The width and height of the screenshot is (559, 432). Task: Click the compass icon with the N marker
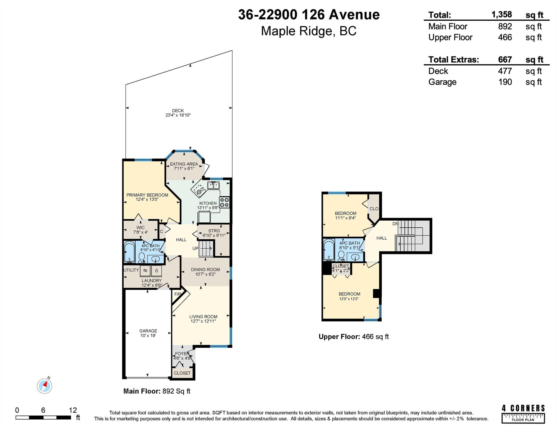click(45, 386)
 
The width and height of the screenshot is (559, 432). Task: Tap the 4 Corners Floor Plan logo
click(523, 414)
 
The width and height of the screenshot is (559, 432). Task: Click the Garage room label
click(148, 331)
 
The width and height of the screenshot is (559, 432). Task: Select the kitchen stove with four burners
click(224, 202)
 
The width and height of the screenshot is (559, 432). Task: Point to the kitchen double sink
click(213, 185)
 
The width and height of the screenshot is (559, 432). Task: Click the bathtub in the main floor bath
click(129, 252)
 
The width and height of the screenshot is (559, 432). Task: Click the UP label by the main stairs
click(195, 248)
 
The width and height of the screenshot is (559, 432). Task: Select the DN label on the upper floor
click(395, 224)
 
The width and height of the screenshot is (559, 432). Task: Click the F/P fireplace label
click(178, 294)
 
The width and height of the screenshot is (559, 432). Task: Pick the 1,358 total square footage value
click(502, 15)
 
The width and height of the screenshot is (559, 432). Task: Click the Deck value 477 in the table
click(505, 71)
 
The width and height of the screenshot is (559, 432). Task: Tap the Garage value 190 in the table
click(505, 82)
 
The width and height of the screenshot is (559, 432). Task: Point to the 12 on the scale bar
click(73, 410)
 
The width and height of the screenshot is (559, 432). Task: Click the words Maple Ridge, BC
click(309, 31)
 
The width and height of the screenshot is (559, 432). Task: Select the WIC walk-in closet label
click(140, 228)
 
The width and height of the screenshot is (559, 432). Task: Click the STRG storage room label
click(214, 231)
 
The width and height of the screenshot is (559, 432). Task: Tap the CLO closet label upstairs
click(374, 209)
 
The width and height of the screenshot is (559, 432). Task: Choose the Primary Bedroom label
click(147, 195)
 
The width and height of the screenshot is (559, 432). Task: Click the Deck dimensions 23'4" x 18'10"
click(178, 115)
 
